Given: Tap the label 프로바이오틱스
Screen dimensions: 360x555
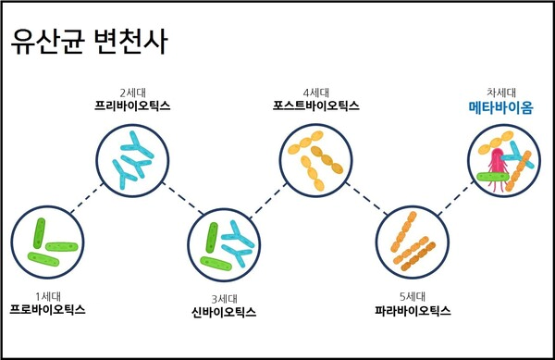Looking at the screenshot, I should tap(47, 309).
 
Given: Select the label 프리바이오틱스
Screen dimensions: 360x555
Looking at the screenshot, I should tap(132, 106).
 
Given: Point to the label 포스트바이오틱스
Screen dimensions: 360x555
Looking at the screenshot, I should tap(316, 106).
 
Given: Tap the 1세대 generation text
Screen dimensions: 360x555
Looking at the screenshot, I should tap(47, 296).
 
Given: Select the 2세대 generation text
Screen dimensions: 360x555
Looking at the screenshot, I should tap(132, 93).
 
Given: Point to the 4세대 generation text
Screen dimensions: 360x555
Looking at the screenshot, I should tap(317, 93).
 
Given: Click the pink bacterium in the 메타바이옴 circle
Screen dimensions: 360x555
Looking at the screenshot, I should tap(499, 165).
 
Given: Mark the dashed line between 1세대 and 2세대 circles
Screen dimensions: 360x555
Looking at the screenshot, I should tap(88, 199).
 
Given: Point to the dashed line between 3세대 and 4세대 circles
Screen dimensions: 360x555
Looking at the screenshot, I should tap(271, 199).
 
